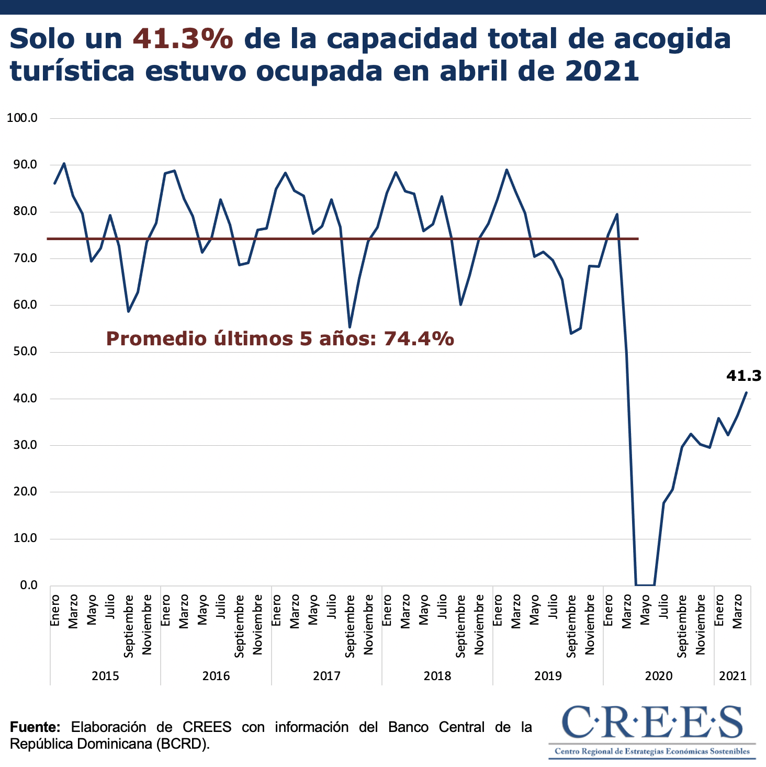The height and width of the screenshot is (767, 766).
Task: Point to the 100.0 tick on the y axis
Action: point(22,118)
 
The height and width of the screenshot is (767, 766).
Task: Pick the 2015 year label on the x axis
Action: point(105,676)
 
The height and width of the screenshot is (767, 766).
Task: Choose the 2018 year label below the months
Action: point(437,676)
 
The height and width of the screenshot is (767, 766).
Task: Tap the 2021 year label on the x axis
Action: point(732,676)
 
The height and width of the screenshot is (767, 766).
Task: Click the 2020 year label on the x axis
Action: point(658,676)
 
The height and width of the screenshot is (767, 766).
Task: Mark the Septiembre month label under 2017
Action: point(350,626)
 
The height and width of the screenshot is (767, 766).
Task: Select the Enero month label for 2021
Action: point(719,610)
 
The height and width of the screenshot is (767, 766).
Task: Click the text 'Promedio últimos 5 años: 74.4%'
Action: point(280,339)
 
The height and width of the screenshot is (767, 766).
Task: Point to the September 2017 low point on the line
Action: point(350,327)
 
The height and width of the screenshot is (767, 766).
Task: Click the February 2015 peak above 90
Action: point(64,163)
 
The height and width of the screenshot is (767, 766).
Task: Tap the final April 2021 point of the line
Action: point(746,392)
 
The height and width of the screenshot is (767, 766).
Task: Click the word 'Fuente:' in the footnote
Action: point(36,727)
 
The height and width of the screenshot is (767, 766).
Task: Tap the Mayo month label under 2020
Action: point(645,610)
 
